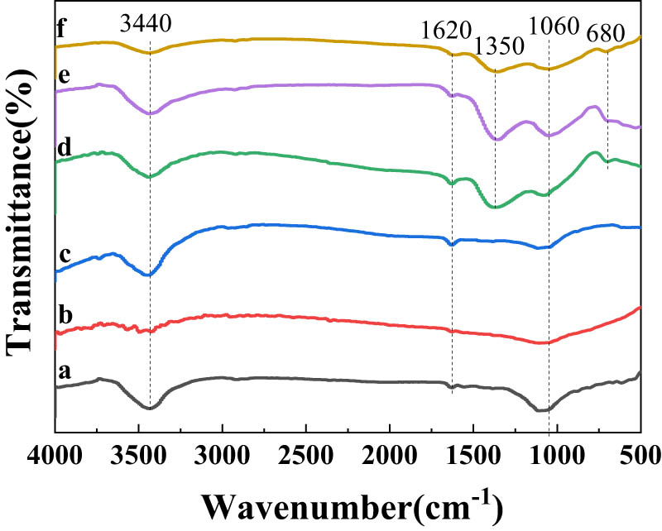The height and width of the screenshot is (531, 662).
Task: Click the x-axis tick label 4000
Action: coord(55,454)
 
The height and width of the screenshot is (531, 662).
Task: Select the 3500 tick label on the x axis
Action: coord(138,454)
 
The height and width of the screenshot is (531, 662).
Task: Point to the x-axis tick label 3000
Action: coord(222,454)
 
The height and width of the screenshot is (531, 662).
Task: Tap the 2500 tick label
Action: coord(306,454)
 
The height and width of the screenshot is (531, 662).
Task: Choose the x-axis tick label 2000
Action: coord(390,454)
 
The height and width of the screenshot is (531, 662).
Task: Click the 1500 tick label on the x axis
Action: coord(473,454)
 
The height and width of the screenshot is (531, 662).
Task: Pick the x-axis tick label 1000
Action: coord(557,454)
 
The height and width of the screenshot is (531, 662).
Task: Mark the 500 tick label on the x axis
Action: coord(639,454)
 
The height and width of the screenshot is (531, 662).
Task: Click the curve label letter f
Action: coord(61,33)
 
